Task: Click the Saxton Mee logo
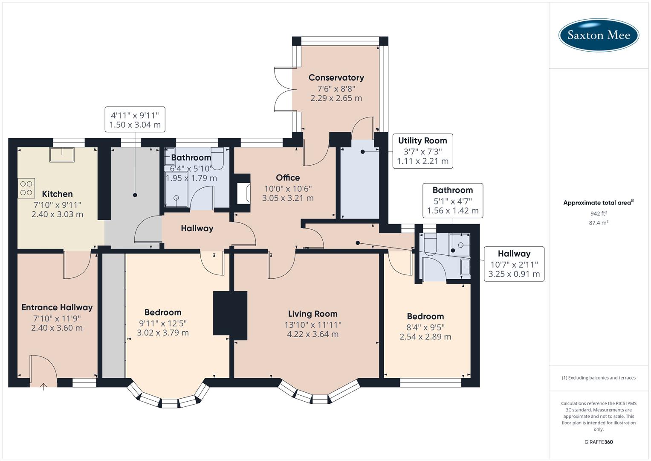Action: (599, 35)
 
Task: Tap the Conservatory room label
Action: (336, 78)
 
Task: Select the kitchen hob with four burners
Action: (26, 188)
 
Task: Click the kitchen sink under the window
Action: (62, 154)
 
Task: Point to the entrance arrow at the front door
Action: (43, 387)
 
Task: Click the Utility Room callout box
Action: (422, 151)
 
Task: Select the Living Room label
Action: (312, 314)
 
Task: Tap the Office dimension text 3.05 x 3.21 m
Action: (288, 198)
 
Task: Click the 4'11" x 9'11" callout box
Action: (135, 120)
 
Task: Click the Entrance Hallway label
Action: (57, 307)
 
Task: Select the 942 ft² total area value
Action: (599, 213)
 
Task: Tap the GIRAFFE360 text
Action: (599, 442)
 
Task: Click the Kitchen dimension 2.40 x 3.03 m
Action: (57, 214)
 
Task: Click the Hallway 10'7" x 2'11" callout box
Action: (514, 264)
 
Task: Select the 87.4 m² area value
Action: (599, 223)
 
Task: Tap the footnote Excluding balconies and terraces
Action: (599, 378)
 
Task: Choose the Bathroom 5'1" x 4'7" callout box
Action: (453, 200)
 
